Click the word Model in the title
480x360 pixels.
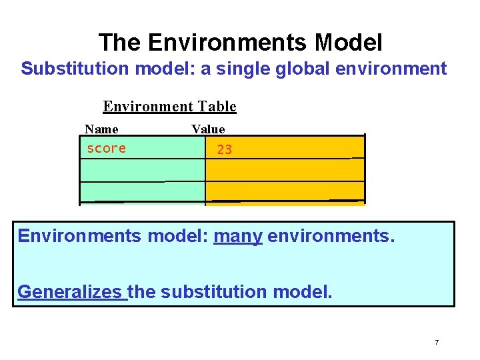pos(349,43)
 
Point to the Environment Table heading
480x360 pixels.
pos(169,107)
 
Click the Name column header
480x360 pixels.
pos(101,129)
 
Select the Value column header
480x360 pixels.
pos(208,129)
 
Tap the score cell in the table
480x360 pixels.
pos(107,149)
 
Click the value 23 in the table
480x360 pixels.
pos(225,150)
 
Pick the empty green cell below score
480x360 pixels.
pos(142,170)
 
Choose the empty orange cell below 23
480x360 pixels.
pos(285,170)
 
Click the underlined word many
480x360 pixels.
pos(238,236)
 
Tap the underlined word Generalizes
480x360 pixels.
pos(71,291)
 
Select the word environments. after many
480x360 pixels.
pos(331,236)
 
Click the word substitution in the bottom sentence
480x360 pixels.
pos(213,291)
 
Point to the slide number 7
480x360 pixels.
pos(436,343)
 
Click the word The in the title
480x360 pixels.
pos(120,43)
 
